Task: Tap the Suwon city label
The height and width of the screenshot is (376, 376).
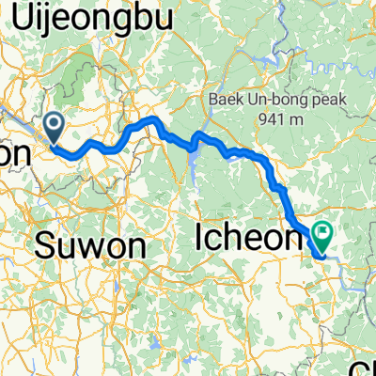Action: coord(91,247)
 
